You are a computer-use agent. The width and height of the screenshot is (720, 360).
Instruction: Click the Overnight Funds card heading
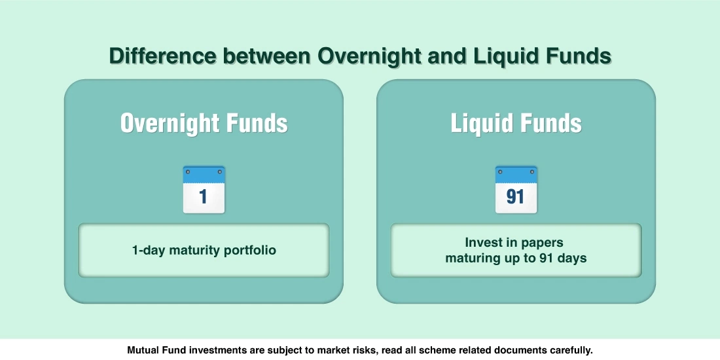point(204,123)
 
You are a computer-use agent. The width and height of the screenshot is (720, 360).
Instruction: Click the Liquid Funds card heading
point(516,123)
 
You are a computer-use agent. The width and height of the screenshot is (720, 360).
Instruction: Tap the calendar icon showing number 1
point(204,189)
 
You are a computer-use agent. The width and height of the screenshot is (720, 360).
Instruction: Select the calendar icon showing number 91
point(516,189)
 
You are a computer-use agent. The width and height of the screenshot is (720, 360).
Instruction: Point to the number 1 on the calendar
point(204,197)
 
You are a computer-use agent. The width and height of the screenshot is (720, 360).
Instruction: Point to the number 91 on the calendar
point(516,197)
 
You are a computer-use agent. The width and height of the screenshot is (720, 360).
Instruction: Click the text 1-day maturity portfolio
point(204,250)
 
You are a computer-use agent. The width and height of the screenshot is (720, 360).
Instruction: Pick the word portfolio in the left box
point(251,250)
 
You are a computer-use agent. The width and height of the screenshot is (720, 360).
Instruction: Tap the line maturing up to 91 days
point(516,258)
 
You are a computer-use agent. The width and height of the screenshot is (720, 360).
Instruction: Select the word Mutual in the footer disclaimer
point(144,350)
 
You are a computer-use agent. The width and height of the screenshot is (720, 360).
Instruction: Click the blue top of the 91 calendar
point(516,174)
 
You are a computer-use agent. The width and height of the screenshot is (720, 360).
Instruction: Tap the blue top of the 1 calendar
point(204,174)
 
